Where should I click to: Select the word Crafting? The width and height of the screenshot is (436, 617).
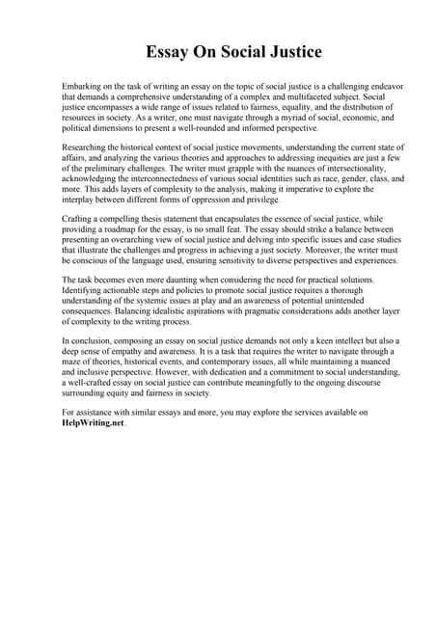pyautogui.click(x=78, y=219)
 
